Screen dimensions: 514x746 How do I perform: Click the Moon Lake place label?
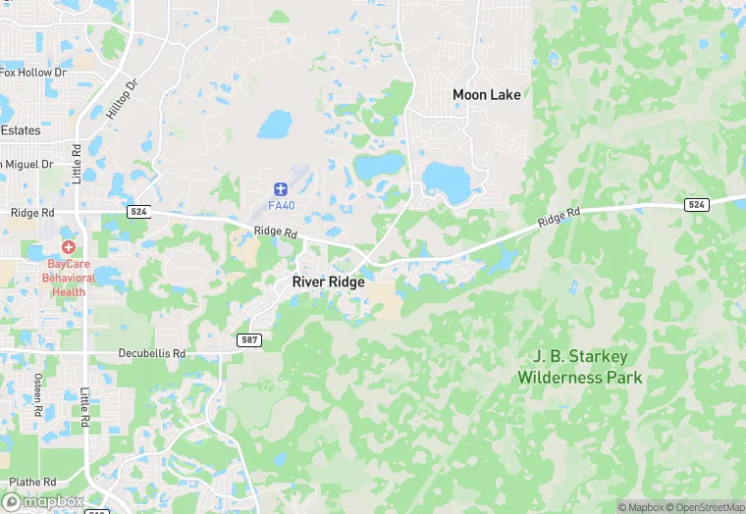pos(486,95)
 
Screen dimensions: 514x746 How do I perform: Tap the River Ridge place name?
pos(328,282)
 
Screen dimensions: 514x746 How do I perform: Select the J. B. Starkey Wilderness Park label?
pos(579,367)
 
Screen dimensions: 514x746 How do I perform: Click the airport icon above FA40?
pos(281,186)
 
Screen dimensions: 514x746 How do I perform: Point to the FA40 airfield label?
pos(281,205)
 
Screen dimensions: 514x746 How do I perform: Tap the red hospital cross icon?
pos(69,247)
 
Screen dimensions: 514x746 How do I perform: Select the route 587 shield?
pos(248,339)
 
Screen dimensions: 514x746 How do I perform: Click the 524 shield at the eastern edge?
pos(696,204)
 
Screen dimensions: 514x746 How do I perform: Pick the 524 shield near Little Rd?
pos(137,211)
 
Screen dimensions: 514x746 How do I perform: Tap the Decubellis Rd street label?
pos(152,353)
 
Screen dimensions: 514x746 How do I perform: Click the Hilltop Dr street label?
pos(124,97)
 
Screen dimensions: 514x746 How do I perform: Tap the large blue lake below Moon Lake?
pos(447,180)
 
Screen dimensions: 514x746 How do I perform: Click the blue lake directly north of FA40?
pos(275,125)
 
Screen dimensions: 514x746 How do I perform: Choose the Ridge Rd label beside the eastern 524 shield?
pos(560,218)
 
